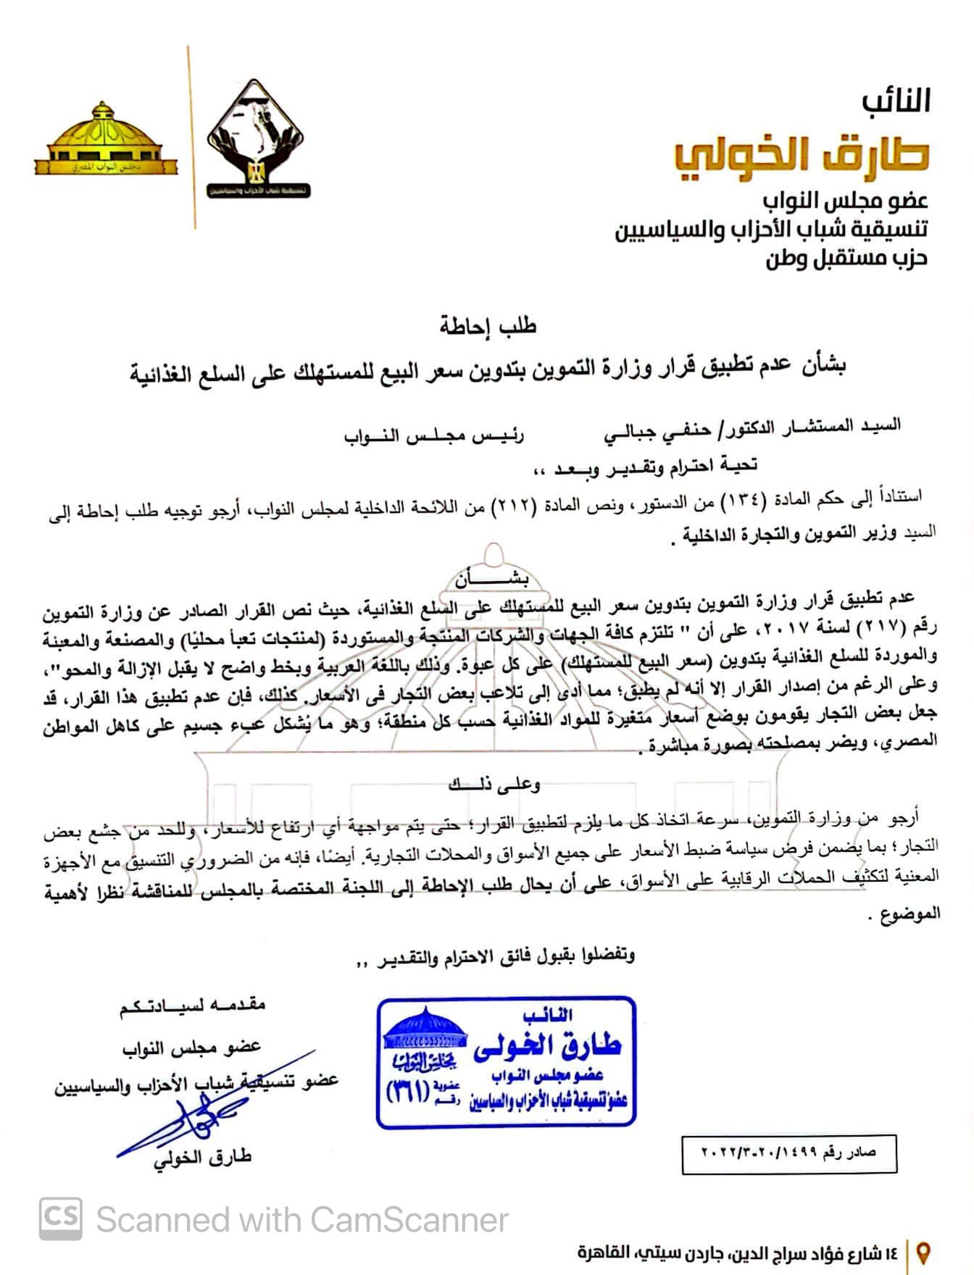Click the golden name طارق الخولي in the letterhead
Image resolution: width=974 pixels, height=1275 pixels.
[801, 154]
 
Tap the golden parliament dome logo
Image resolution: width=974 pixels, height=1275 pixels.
[106, 140]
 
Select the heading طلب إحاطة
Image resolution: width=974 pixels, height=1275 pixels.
[488, 326]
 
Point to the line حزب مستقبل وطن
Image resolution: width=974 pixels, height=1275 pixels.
[846, 258]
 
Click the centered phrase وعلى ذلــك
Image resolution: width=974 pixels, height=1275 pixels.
[494, 783]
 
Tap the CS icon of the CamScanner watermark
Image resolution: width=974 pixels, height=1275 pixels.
[60, 1218]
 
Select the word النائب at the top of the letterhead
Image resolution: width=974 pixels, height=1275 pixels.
[896, 101]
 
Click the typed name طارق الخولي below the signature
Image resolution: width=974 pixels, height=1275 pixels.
[203, 1158]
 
